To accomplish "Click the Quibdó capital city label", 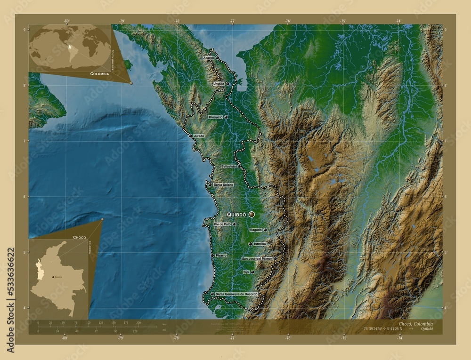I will point(236,214).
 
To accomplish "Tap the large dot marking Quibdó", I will point(252,214).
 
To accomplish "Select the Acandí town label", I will point(208,57).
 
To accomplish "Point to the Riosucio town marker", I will point(226,117).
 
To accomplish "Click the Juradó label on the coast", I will point(199,136).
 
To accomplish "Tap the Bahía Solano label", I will point(223,184).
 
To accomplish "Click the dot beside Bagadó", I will point(265,230).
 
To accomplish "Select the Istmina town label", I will point(260,244).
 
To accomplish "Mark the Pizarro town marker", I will point(212,255).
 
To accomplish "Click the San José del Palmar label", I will point(257,258).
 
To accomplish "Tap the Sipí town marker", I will point(253,272).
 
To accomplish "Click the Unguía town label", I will point(219,84).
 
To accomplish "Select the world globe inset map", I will point(69,48).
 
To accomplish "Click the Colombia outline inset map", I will point(57,278).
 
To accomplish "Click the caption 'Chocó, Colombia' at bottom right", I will point(415,324).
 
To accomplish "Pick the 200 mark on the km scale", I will point(138,323).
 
